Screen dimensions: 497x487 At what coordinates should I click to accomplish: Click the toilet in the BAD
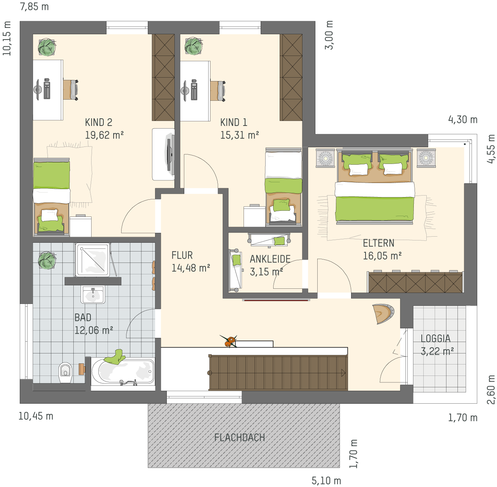65,372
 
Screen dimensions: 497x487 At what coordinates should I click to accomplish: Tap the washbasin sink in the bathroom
93,294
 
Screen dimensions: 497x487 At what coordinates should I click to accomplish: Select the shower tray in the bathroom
92,260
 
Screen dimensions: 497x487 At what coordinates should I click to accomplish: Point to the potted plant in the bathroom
47,260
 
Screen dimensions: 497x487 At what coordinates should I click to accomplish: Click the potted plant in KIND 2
47,47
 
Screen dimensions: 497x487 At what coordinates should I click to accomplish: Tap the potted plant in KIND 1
193,46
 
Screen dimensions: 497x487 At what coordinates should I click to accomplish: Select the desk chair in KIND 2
71,90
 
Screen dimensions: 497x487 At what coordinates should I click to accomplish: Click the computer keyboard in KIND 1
194,90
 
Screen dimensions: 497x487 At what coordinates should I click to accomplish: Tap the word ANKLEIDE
270,259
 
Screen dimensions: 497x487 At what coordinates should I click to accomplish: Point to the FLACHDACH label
239,438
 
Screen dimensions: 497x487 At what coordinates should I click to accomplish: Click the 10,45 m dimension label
36,416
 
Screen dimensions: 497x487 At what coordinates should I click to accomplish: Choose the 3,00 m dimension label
329,35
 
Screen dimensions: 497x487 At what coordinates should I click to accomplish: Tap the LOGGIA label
435,338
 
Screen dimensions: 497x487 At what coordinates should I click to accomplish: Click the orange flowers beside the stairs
229,341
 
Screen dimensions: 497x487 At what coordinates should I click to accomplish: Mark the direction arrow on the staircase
343,373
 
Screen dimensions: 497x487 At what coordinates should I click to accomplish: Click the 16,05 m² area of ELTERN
382,256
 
